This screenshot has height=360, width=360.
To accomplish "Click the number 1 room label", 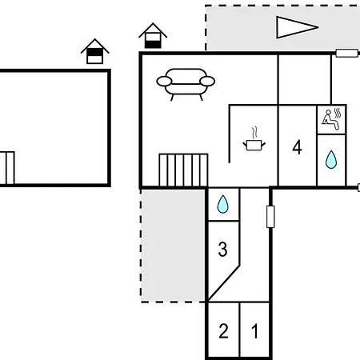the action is click(255, 331).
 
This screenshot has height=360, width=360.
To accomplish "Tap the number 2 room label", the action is click(223, 331).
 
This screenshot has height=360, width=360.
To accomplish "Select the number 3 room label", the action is click(222, 250).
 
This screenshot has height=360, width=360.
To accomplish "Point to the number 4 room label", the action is click(297, 147).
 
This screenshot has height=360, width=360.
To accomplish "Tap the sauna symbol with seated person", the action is click(331, 119).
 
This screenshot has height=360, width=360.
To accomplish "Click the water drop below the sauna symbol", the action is click(331, 159).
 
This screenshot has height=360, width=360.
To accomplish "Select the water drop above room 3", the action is click(222, 204).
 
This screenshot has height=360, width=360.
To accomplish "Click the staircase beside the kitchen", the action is click(183, 170).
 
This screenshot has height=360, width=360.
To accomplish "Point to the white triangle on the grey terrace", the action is click(297, 27).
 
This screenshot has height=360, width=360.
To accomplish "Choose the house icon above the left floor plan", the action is click(95, 51).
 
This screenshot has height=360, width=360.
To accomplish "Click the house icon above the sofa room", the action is click(153, 35).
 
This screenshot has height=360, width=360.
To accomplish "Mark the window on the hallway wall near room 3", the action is click(270, 217).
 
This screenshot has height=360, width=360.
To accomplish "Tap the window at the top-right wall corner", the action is click(346, 53).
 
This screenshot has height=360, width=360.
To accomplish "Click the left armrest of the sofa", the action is click(164, 82).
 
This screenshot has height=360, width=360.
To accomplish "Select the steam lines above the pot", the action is click(254, 133).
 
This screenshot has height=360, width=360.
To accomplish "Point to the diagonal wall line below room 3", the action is click(223, 283).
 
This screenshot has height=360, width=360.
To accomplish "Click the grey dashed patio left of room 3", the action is click(173, 246).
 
